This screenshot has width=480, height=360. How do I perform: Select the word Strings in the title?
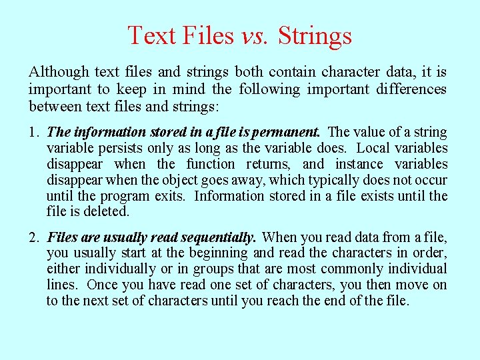pyautogui.click(x=315, y=35)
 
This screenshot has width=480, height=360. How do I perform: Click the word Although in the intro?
pyautogui.click(x=58, y=72)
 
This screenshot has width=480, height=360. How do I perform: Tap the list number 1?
pyautogui.click(x=33, y=132)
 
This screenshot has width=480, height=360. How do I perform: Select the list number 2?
pyautogui.click(x=33, y=237)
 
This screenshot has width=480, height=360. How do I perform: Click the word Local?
pyautogui.click(x=376, y=148)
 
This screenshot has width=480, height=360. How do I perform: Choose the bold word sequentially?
pyautogui.click(x=214, y=237)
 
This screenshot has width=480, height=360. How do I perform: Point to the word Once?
pyautogui.click(x=104, y=285)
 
